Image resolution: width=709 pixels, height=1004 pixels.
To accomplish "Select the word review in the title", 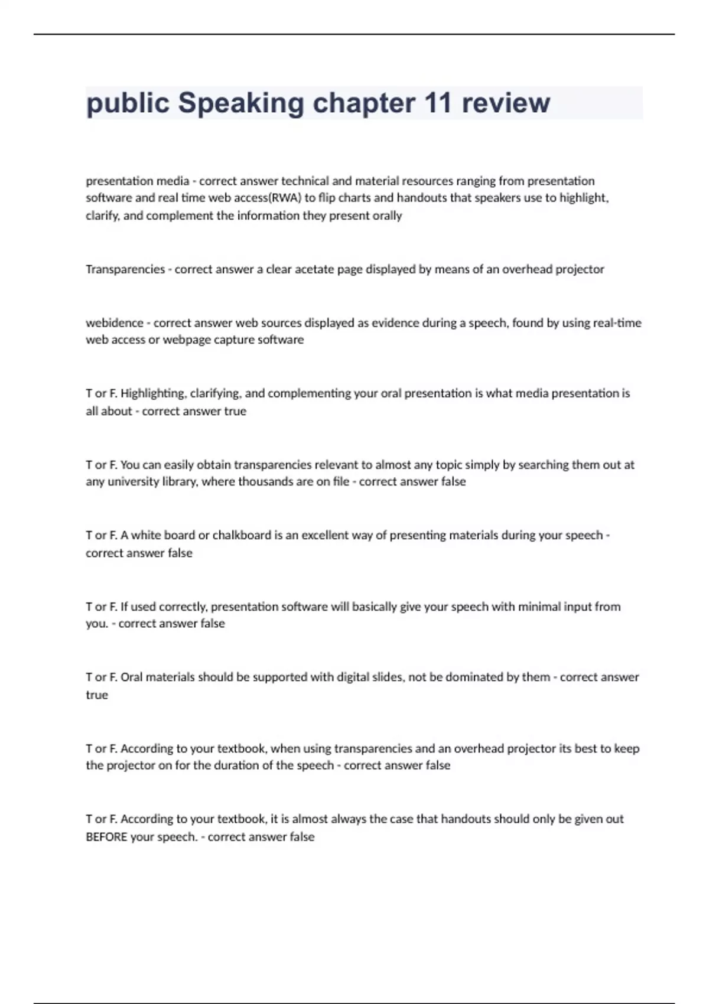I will [506, 103].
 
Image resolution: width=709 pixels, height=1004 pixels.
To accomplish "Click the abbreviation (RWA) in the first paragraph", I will [285, 198].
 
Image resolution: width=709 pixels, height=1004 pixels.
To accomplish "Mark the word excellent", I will [325, 536].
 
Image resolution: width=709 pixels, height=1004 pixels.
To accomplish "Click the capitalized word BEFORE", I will [106, 837].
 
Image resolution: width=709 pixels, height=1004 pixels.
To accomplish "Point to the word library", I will [180, 482].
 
